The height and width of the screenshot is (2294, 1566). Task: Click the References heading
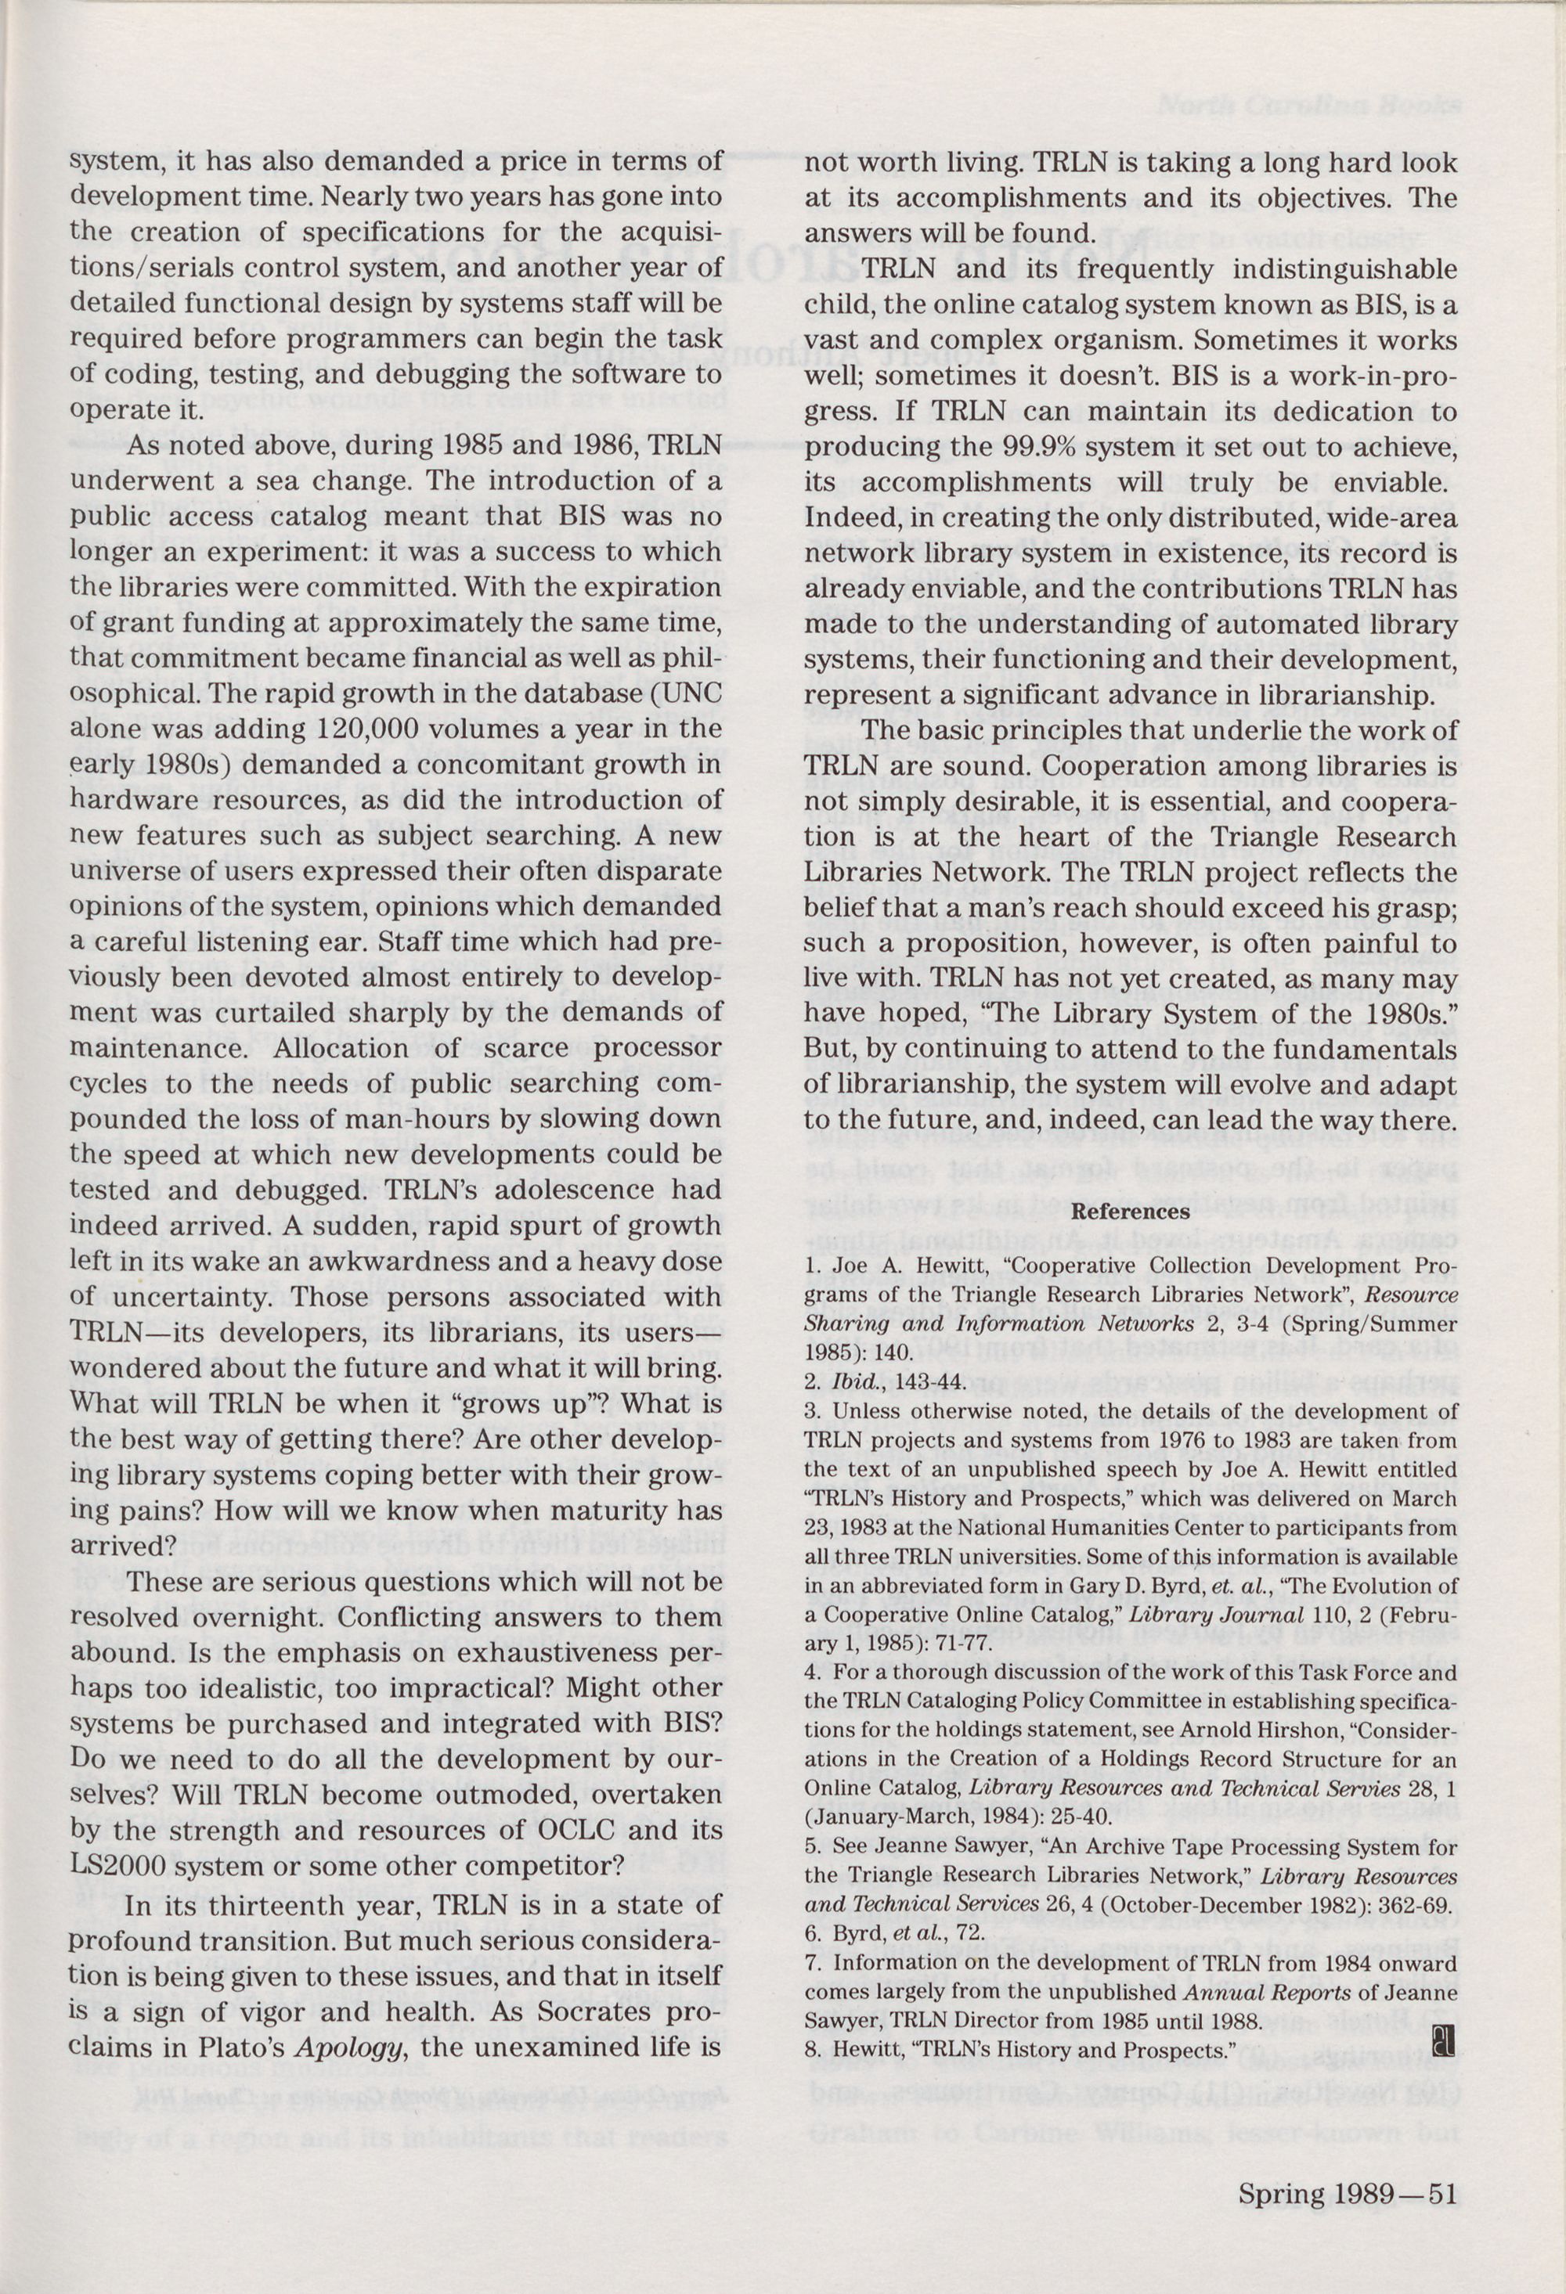click(1130, 1211)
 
